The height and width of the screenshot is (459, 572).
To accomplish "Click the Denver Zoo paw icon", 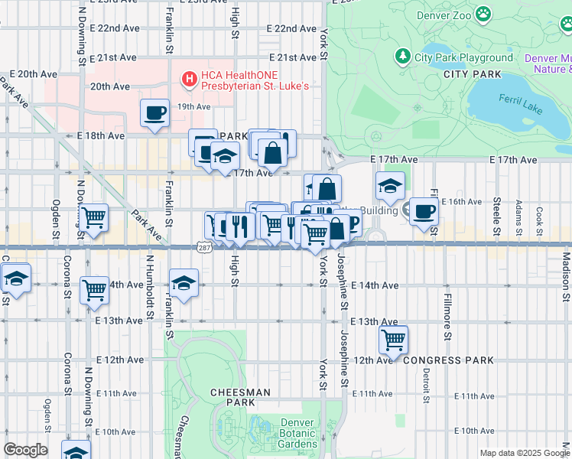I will (x=483, y=13).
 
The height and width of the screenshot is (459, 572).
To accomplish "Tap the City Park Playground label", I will (x=464, y=57).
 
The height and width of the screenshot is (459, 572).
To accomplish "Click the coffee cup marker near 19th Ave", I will (x=155, y=112).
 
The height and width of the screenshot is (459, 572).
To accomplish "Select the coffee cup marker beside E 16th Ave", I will (x=424, y=211).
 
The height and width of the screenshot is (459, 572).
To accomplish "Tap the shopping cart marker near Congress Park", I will (x=393, y=338).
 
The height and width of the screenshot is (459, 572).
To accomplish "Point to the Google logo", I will (x=25, y=450).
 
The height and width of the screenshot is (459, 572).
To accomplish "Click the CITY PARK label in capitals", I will (x=473, y=74).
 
